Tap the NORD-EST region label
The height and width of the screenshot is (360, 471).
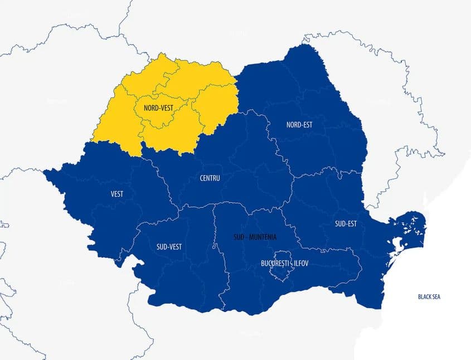[x=299, y=125]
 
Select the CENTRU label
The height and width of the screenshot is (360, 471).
[x=210, y=178]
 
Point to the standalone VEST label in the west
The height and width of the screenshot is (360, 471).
[x=117, y=194]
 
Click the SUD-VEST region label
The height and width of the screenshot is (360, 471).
[x=169, y=246]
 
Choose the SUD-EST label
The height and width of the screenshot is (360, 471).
[x=346, y=224]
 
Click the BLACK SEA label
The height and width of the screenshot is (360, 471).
[x=429, y=297]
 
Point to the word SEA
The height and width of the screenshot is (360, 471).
[x=435, y=297]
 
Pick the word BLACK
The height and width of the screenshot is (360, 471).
[x=424, y=297]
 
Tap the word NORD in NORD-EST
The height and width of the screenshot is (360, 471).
[x=293, y=125]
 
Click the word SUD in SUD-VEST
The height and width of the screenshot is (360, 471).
[x=162, y=246]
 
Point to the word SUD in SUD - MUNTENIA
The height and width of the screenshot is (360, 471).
[x=238, y=237]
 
